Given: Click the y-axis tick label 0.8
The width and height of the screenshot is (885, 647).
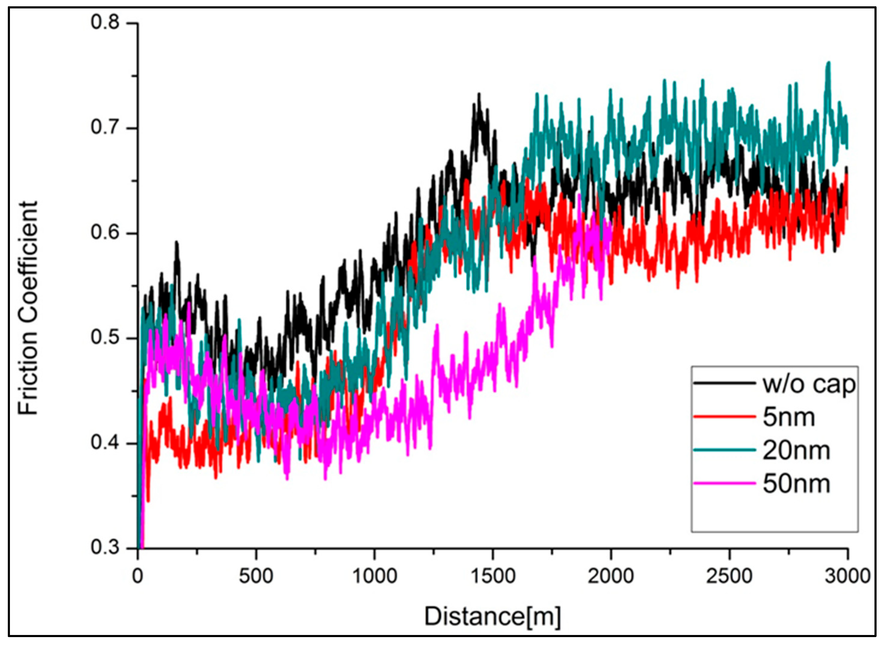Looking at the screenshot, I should click(x=105, y=22).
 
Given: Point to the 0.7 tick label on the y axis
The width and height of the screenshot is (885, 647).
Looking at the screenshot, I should click(x=105, y=128).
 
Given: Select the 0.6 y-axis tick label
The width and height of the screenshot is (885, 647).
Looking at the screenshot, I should click(x=105, y=233).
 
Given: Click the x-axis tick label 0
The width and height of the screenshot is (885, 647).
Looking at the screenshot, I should click(x=137, y=576).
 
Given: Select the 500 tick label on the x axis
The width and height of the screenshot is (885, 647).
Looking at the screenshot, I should click(x=256, y=576).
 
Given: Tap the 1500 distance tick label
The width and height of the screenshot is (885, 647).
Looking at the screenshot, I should click(x=493, y=576).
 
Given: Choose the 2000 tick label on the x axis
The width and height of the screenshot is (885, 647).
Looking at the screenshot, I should click(x=611, y=576).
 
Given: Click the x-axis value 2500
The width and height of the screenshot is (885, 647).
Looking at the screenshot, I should click(x=729, y=576).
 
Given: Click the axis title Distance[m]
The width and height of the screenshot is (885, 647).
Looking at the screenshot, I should click(x=493, y=616).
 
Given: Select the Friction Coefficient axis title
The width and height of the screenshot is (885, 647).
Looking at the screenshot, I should click(x=28, y=308).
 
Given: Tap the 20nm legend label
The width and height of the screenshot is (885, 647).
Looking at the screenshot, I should click(x=796, y=451).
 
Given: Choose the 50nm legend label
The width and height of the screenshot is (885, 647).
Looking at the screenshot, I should click(x=796, y=484).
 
